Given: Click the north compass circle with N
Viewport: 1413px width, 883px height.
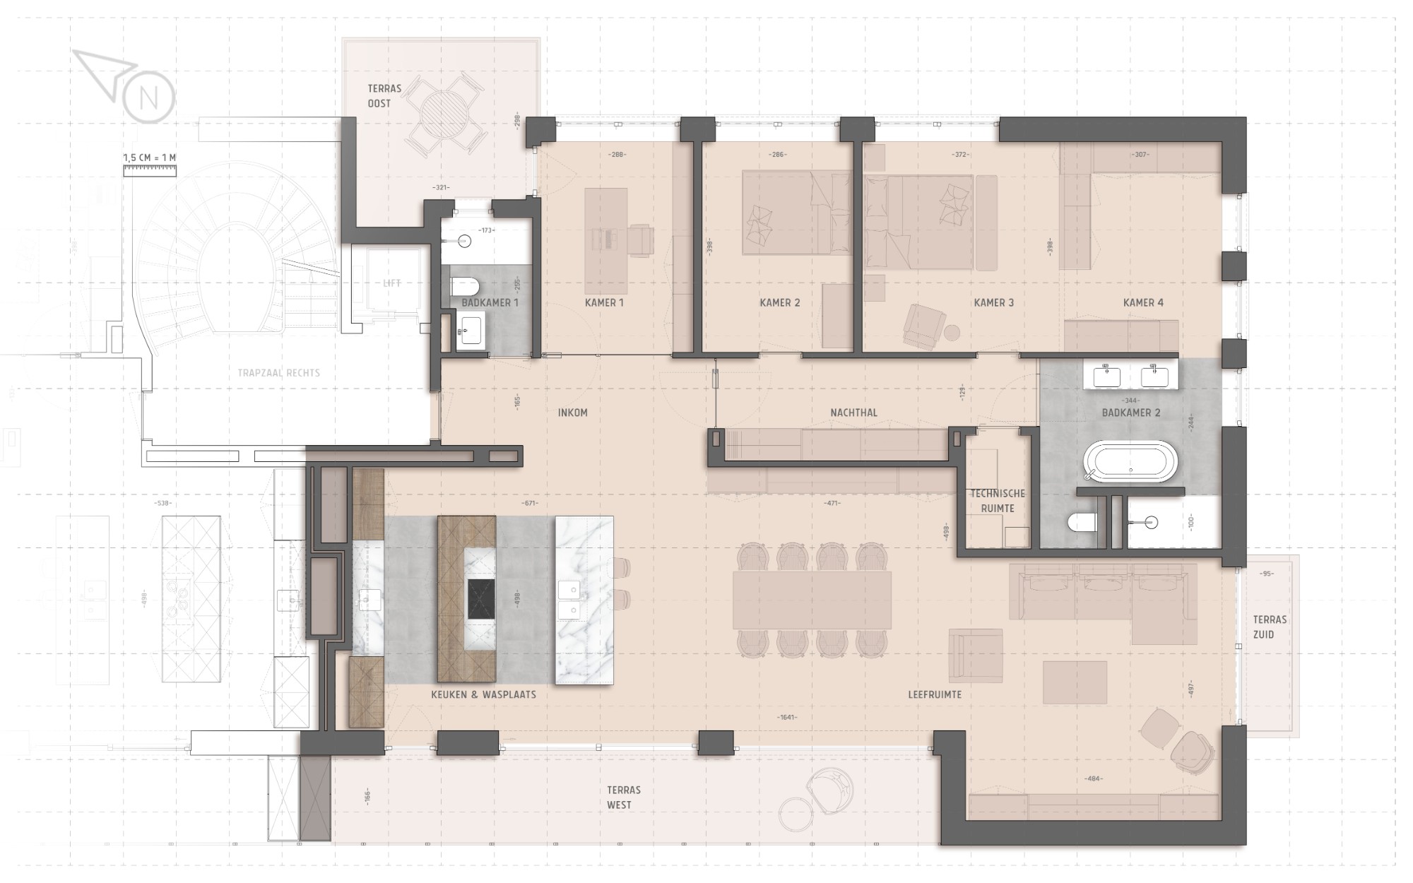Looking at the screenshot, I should coord(148,97).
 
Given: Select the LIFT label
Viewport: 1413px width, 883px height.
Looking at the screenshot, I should coord(391,283).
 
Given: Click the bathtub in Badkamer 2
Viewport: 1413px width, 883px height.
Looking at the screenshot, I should coord(1130,462).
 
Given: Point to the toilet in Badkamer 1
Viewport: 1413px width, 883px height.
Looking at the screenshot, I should coord(465,286).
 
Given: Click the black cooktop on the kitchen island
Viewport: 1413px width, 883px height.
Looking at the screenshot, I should coord(480,599).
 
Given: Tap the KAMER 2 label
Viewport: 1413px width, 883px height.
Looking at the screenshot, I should coord(780,302).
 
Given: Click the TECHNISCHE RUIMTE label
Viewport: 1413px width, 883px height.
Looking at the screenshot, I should coord(997,501).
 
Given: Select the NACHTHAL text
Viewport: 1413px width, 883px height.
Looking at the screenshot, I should coord(854,413).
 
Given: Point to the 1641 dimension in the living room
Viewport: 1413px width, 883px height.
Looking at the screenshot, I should coord(787,717).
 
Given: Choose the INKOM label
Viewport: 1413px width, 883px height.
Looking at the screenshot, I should coord(572,413).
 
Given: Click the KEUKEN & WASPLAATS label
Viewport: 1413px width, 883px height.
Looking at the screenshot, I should coord(483,694).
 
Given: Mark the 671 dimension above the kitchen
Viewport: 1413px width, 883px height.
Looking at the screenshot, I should coord(531,503).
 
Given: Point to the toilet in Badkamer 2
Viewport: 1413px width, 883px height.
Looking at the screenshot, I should coord(1082,522).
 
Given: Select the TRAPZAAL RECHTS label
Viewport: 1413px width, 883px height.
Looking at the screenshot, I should coord(279,373).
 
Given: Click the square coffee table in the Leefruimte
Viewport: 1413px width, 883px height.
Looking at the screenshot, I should coord(1075,682).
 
